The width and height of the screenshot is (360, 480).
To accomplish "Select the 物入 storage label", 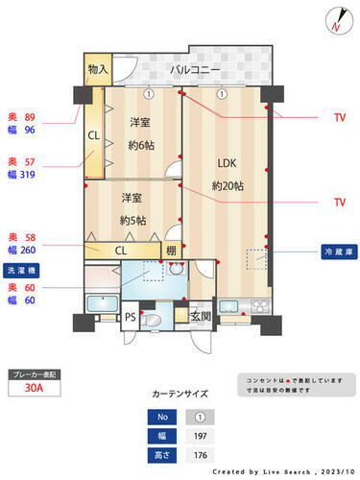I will tap(97, 71).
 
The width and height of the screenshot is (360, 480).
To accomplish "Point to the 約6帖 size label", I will tap(140, 145).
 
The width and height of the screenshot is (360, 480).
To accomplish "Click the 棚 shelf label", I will tap(170, 252).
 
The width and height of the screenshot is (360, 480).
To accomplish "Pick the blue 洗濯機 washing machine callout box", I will tap(24, 270).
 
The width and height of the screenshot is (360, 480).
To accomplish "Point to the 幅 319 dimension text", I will tap(24, 177).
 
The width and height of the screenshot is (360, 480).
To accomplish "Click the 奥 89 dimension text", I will tap(24, 113).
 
